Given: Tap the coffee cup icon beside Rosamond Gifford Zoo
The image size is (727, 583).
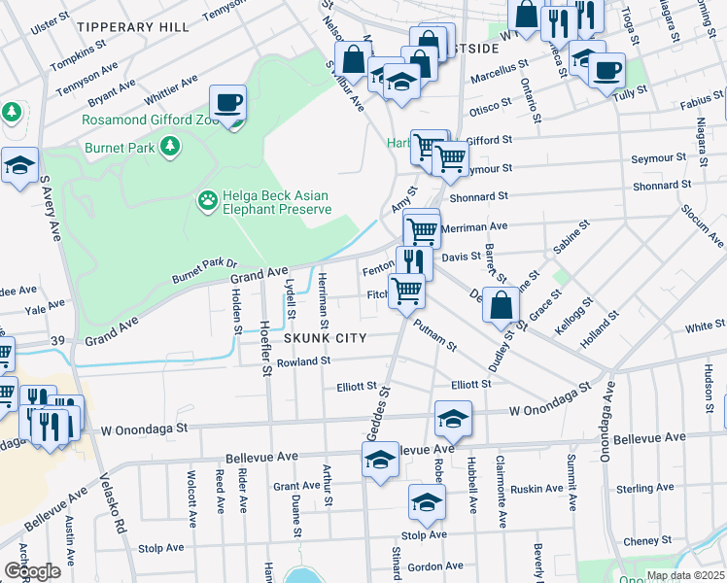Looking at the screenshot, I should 228,102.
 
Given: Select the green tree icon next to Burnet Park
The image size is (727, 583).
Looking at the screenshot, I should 171,146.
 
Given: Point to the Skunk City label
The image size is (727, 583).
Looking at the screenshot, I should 326,338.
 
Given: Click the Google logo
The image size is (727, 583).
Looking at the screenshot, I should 31,571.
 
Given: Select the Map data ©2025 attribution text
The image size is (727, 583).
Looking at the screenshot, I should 684,575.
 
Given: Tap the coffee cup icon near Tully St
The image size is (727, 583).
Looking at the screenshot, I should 607,71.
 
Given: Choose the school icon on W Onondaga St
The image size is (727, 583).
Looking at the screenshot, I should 453,418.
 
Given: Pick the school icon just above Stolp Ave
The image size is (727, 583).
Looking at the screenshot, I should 425,502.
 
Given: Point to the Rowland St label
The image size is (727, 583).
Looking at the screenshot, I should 303,361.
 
